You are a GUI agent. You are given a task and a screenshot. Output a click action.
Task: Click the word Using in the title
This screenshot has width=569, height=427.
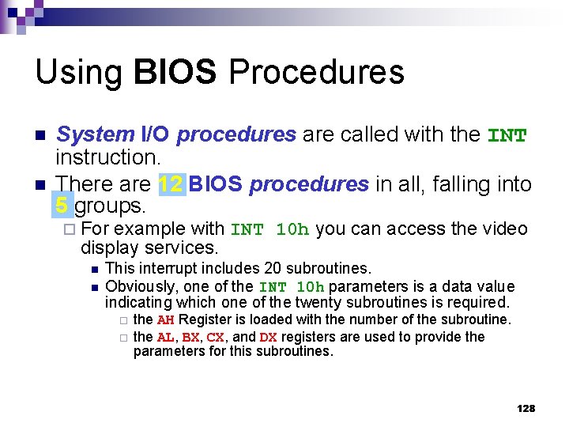point(78,73)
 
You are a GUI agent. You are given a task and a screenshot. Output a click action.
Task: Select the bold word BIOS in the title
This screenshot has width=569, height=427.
point(175,72)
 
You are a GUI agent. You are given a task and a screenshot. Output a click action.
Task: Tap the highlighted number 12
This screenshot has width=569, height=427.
point(171,185)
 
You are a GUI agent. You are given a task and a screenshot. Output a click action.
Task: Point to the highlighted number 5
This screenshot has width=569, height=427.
point(62,207)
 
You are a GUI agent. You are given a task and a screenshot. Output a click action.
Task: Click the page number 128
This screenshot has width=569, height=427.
point(526,408)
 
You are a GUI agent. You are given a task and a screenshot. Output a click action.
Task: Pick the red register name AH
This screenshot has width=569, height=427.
point(165,320)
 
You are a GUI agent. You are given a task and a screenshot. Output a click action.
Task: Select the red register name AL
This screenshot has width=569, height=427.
point(164,338)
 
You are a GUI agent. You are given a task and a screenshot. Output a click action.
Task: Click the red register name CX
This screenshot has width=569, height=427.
point(215,338)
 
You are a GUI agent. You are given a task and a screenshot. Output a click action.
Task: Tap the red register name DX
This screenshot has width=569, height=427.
point(268,338)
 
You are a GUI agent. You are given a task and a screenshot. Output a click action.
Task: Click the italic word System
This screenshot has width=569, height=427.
point(96,136)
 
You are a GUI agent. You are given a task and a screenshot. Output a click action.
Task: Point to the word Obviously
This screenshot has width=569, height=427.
point(138,286)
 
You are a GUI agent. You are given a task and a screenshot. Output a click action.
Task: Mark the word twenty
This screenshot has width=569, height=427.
point(318,303)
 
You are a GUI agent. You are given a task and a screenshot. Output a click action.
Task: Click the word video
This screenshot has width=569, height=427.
point(507,229)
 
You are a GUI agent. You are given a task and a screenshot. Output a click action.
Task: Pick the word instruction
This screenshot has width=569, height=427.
point(107,159)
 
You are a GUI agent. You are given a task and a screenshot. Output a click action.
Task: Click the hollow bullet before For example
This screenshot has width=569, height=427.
point(70,230)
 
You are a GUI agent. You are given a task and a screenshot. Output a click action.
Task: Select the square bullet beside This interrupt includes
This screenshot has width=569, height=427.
point(92,270)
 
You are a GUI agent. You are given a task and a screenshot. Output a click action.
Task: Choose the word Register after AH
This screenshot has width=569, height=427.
point(202,320)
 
